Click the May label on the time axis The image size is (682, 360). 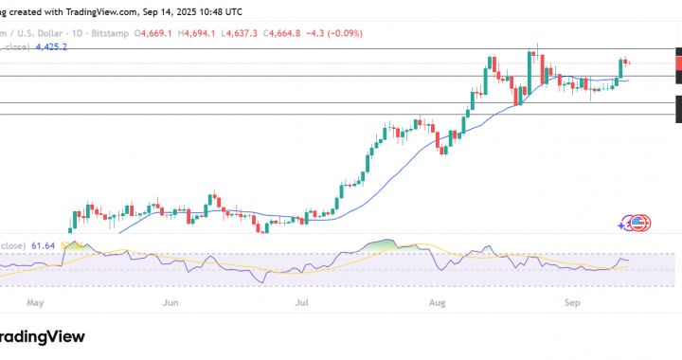(x=37, y=304)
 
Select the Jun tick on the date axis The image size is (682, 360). (x=171, y=304)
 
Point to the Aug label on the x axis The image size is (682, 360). (x=437, y=304)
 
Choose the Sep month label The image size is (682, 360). (x=572, y=304)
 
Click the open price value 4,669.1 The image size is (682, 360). (x=155, y=33)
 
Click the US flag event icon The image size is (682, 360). (x=640, y=224)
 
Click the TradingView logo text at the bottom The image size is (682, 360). (x=42, y=336)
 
